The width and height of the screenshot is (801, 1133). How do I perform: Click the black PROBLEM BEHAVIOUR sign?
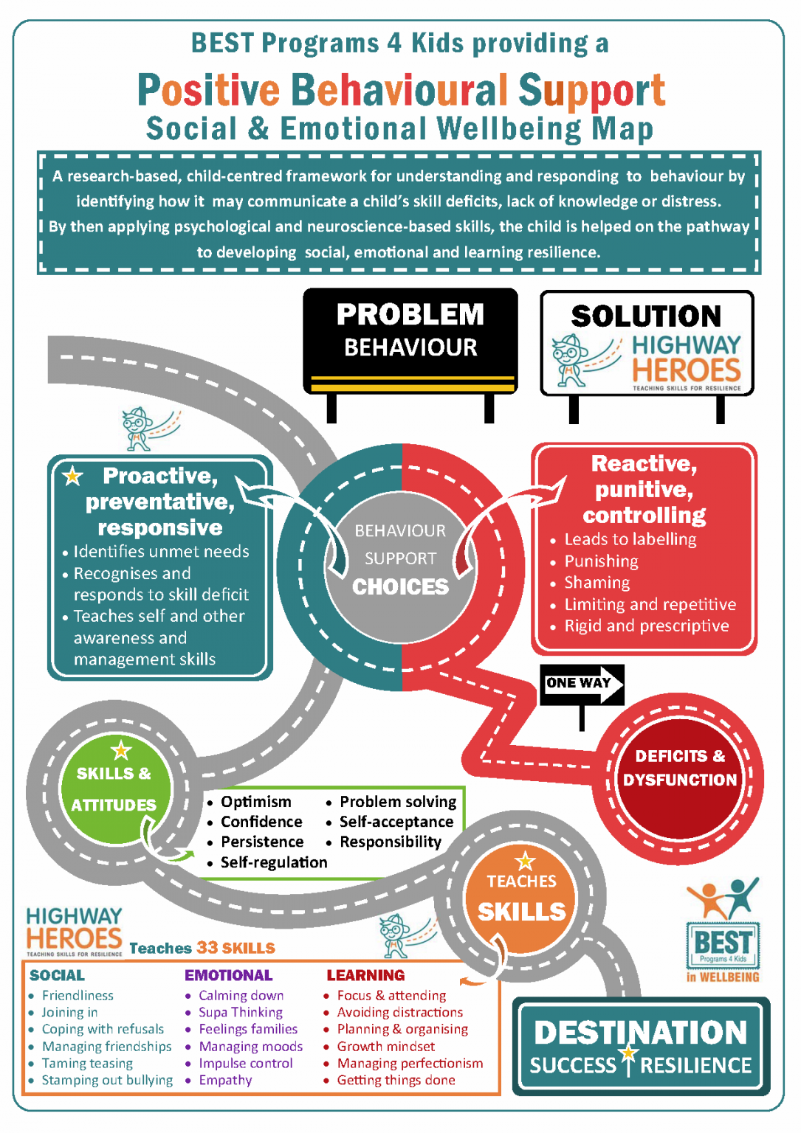[410, 341]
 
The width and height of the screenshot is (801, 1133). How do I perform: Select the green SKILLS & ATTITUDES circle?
[115, 789]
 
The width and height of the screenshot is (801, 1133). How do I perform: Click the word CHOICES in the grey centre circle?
[400, 586]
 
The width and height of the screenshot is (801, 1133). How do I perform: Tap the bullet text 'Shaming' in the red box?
[597, 583]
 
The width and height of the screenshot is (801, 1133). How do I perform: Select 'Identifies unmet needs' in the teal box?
[161, 551]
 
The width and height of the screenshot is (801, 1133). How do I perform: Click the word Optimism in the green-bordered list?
[255, 802]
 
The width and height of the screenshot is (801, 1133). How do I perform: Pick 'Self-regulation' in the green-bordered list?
[274, 862]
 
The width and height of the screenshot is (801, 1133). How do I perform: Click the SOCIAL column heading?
[58, 975]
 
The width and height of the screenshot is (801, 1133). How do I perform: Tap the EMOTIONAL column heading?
[228, 975]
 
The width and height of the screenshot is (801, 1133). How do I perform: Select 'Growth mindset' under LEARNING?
[386, 1046]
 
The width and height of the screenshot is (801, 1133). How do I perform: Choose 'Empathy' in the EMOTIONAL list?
[225, 1080]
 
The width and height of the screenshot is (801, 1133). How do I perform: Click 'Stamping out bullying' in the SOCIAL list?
[107, 1080]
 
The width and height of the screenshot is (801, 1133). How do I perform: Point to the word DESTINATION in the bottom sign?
[641, 1032]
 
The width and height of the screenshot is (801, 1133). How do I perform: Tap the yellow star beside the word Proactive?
[72, 476]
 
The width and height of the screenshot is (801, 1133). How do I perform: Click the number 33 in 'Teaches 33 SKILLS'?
[207, 947]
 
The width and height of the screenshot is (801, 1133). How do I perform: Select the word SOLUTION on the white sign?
[646, 316]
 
